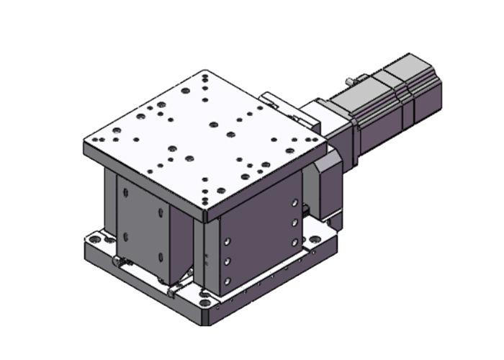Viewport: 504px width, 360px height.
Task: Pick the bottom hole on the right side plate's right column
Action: pos(294,242)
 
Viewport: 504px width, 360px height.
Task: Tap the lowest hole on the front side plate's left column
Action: pos(228,281)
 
